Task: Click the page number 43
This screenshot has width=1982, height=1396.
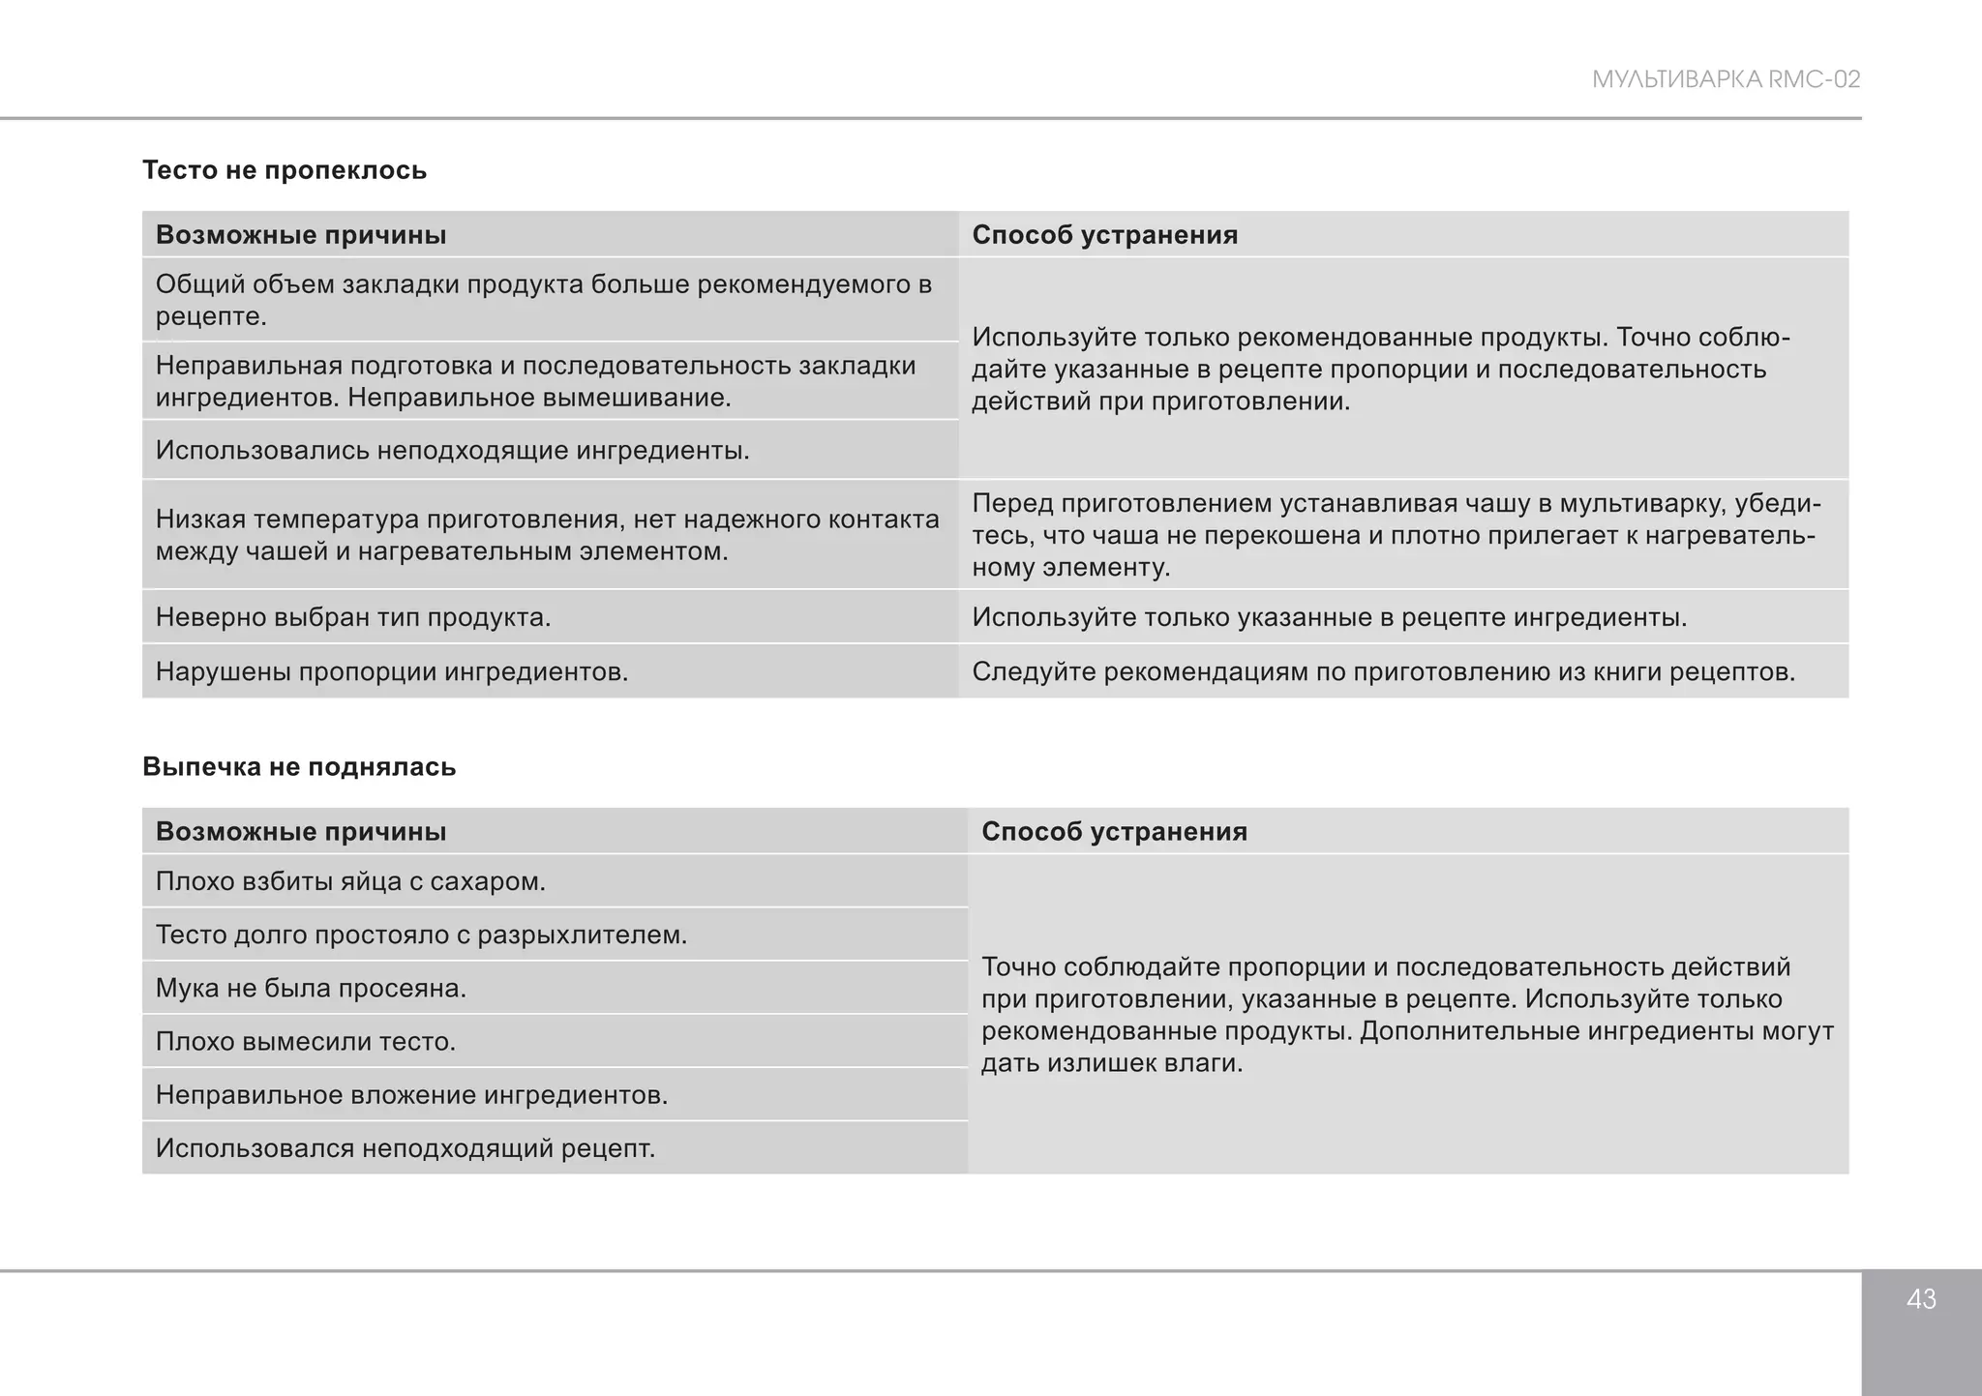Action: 1921,1299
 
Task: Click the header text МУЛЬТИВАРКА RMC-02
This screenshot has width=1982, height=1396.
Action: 1726,79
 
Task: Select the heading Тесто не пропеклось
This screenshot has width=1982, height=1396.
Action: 285,170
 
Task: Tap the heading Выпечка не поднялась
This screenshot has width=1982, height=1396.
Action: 299,767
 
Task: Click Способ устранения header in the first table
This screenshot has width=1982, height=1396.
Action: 1104,235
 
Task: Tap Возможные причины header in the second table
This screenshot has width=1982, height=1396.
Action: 301,832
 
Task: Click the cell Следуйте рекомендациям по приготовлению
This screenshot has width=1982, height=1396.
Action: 1383,671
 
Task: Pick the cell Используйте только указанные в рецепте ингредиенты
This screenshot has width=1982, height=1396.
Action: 1329,617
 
